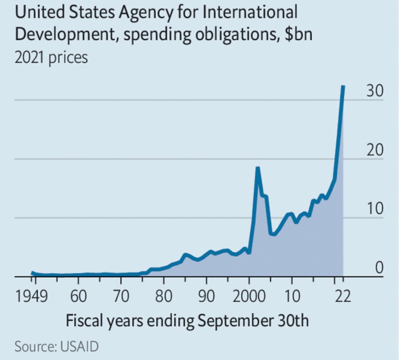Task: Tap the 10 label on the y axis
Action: (x=376, y=210)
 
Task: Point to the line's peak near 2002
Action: (x=257, y=168)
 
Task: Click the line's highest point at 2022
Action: (x=343, y=86)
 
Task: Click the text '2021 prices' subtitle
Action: (x=51, y=57)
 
